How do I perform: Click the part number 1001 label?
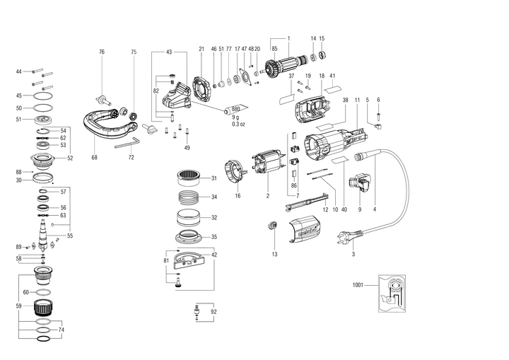pos(357,285)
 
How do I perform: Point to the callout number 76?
pos(101,52)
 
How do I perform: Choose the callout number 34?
pos(214,197)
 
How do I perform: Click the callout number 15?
pos(322,37)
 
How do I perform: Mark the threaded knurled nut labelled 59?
pos(47,308)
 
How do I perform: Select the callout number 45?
pos(19,95)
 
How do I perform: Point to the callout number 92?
pos(213,311)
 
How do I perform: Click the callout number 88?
pos(19,172)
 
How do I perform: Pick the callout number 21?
pos(201,49)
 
